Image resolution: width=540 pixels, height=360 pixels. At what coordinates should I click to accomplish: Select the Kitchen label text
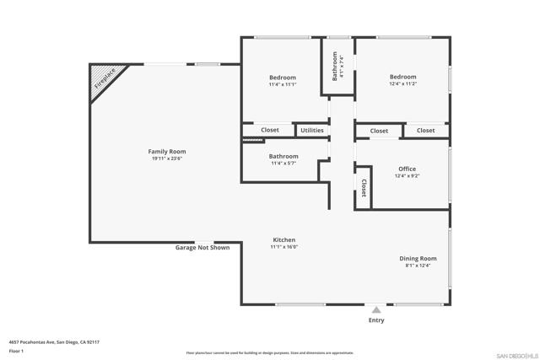point(283,239)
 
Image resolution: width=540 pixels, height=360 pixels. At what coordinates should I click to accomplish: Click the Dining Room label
point(418,258)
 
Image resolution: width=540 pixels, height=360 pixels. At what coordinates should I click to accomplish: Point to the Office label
point(406,169)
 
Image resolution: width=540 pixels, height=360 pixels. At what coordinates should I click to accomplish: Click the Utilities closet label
point(311,131)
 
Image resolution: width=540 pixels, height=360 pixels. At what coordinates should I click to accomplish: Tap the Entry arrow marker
point(376,310)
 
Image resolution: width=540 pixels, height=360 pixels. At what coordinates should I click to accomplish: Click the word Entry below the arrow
point(376,320)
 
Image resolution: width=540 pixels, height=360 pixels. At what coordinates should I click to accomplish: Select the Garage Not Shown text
point(202,248)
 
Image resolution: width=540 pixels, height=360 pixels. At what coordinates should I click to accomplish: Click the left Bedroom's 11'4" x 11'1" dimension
point(283,84)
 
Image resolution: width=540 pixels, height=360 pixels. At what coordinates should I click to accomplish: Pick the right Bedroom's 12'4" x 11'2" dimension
point(402,84)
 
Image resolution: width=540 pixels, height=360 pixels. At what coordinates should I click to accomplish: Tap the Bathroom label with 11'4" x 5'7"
point(283,156)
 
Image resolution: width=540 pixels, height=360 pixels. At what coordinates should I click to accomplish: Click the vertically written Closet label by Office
point(364,187)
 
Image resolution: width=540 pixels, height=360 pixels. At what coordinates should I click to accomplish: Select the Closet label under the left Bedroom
point(270,131)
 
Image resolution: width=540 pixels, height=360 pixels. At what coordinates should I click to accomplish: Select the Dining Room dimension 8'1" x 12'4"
point(418,266)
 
